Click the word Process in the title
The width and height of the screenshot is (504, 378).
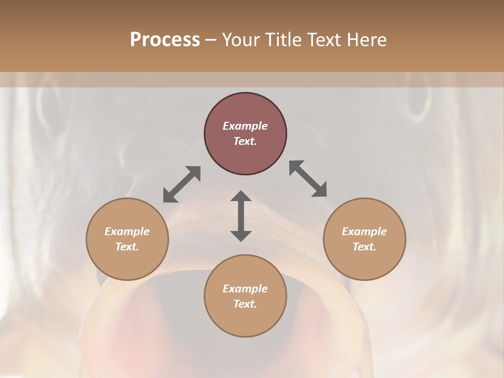(165, 40)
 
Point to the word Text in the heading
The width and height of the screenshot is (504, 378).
(324, 40)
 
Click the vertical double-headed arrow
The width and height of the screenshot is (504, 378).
(241, 216)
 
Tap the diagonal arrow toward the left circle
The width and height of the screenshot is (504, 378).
(182, 184)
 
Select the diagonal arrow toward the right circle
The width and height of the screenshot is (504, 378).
(308, 178)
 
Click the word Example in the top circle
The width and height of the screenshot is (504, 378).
(245, 126)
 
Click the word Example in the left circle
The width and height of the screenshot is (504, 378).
(127, 232)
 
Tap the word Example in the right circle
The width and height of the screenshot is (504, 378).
(364, 232)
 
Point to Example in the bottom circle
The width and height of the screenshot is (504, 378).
(245, 289)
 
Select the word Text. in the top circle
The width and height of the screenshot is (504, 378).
(245, 141)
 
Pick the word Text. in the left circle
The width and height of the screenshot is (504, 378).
(127, 247)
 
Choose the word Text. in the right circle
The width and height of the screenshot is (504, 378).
(364, 247)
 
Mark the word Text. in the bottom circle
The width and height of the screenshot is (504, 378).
(245, 304)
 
